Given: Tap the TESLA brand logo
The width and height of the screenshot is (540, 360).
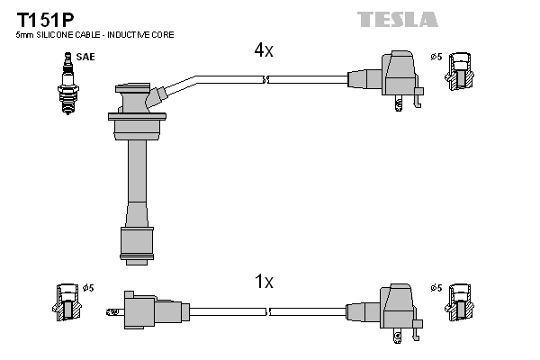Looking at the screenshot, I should [397, 19].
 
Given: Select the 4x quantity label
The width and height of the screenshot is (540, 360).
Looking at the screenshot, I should [263, 50].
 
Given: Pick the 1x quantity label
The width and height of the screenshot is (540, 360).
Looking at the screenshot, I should [263, 282].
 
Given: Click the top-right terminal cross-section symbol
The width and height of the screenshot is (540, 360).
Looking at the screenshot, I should [461, 72].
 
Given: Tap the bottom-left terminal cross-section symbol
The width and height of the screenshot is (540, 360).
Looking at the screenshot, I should [67, 302].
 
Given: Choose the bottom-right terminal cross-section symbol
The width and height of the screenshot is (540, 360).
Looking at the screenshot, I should [461, 302].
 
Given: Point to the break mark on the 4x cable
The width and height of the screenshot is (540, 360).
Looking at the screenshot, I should [265, 80].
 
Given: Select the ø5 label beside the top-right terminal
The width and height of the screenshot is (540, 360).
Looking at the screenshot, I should [436, 58].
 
